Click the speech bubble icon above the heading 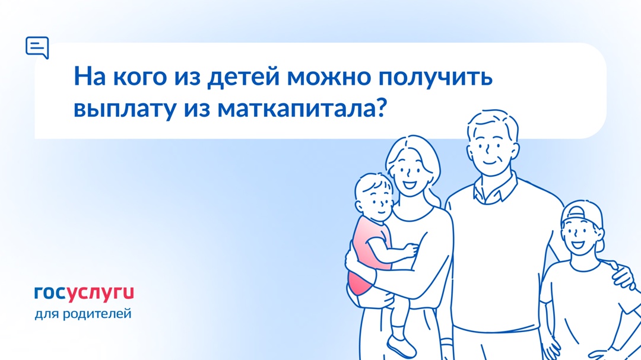[x=37, y=47]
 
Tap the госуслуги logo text [x=84, y=292]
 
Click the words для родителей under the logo [x=83, y=313]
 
